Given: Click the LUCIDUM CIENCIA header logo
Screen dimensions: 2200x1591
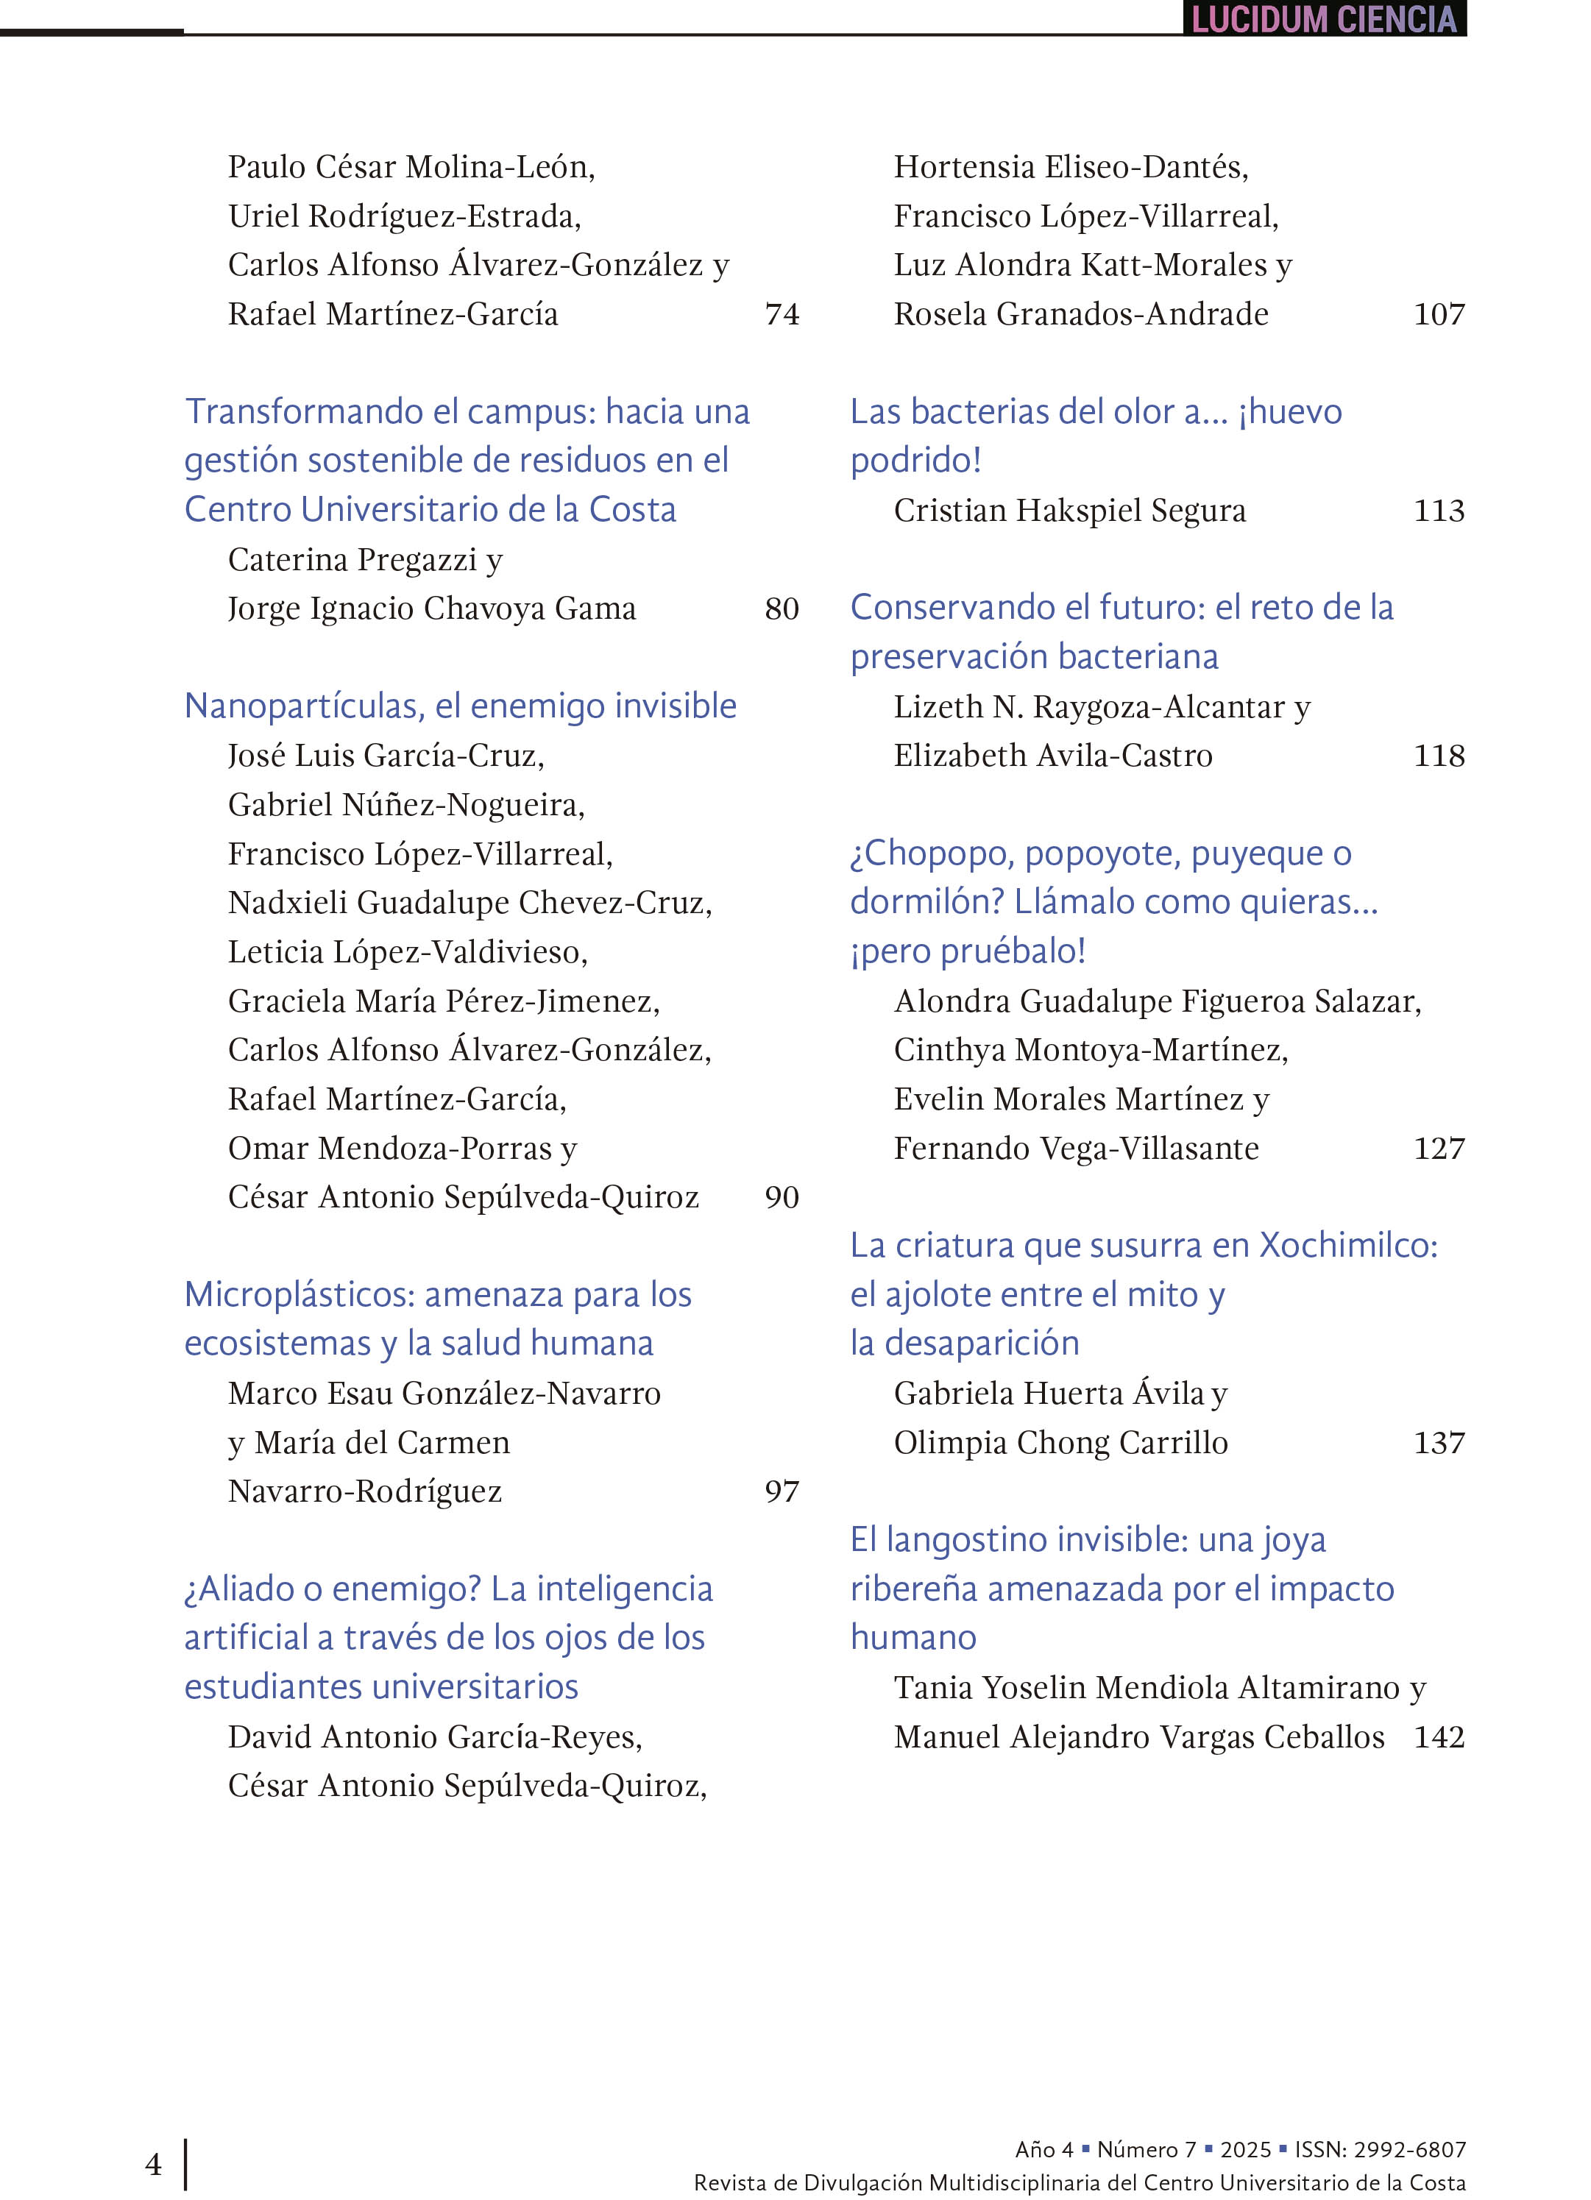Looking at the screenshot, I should pos(1323,19).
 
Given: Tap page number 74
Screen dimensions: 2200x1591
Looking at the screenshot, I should pos(781,314).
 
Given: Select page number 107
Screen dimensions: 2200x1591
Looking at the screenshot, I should pos(1438,314).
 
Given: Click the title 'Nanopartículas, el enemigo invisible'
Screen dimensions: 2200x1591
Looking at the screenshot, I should pos(460,706).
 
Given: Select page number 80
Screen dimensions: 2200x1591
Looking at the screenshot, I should pos(781,609).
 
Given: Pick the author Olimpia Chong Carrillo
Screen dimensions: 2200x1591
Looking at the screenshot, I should pos(1060,1442).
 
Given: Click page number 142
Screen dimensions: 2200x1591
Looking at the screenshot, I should pos(1438,1736).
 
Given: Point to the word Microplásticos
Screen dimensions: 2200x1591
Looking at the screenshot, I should pos(298,1295).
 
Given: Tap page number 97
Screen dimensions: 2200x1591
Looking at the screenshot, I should pos(781,1491).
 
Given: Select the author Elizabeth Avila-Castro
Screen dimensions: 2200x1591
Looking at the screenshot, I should pos(1052,756).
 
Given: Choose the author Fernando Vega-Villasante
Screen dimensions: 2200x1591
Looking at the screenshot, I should pos(1076,1149).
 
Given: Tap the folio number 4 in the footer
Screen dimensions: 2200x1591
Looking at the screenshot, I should pos(153,2164).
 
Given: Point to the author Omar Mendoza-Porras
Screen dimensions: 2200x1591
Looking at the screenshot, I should pos(390,1149).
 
